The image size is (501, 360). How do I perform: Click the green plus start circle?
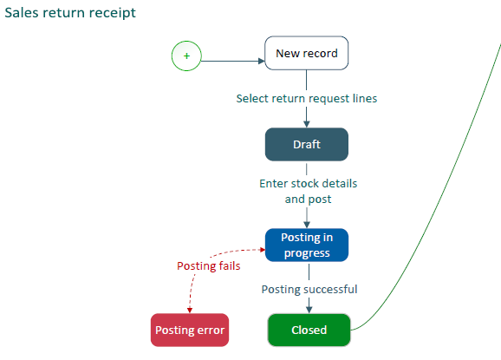(186, 56)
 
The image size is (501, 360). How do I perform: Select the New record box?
(307, 53)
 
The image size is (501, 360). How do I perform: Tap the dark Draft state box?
(307, 144)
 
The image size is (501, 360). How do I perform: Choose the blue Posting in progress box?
(307, 245)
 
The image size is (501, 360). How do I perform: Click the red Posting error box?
(190, 330)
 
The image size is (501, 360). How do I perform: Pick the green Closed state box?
(309, 330)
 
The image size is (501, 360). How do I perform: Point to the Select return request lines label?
(307, 99)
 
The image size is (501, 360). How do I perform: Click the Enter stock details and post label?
(309, 191)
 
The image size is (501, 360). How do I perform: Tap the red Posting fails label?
(209, 266)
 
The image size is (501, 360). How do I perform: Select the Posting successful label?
(309, 290)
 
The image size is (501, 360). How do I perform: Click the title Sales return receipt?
(70, 13)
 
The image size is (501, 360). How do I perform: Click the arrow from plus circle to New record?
(233, 61)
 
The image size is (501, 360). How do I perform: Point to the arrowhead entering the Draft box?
(307, 124)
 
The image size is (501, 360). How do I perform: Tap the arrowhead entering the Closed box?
(309, 310)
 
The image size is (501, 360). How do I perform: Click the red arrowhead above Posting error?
(190, 311)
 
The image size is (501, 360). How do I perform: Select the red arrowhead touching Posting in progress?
(263, 250)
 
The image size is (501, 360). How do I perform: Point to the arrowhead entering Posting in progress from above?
(307, 225)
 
